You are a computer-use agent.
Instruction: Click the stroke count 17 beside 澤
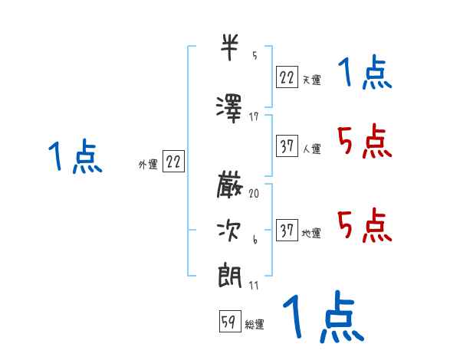pos(255,116)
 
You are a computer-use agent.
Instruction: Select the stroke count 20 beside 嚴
pos(255,194)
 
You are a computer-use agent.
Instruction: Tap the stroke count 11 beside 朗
pos(255,285)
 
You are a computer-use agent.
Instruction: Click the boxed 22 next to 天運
pos(287,77)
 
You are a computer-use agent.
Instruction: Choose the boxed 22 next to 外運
pos(174,162)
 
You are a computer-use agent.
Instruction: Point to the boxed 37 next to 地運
pos(287,231)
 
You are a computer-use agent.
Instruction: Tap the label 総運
pos(255,325)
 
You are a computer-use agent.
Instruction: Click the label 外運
pos(148,164)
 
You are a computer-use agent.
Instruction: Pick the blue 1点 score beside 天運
pos(364,75)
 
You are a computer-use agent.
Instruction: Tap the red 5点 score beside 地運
pos(364,224)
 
